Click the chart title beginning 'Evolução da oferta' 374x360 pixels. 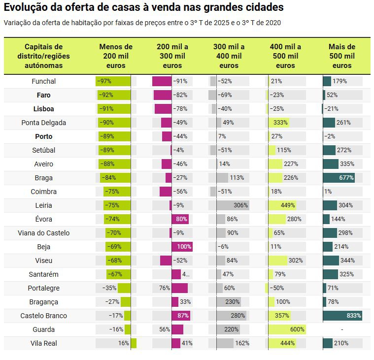click(143, 8)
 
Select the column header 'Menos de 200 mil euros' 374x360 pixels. click(116, 56)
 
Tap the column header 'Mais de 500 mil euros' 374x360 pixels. click(341, 56)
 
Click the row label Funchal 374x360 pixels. click(43, 81)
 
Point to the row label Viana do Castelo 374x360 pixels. click(43, 233)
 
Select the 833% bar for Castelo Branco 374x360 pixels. click(342, 316)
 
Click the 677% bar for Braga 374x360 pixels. click(339, 178)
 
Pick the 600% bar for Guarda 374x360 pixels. click(287, 329)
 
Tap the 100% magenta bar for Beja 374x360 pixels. click(182, 247)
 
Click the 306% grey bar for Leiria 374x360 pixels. click(233, 205)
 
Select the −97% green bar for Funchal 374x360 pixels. click(113, 81)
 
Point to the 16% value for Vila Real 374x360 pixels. click(124, 343)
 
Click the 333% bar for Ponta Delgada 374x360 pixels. click(278, 123)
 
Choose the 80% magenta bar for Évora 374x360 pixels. click(180, 219)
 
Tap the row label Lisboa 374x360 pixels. click(43, 109)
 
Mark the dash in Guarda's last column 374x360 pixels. click(341, 329)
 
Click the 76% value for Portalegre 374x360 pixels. click(165, 288)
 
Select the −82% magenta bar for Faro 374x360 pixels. click(163, 95)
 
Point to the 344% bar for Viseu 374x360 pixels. click(331, 261)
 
